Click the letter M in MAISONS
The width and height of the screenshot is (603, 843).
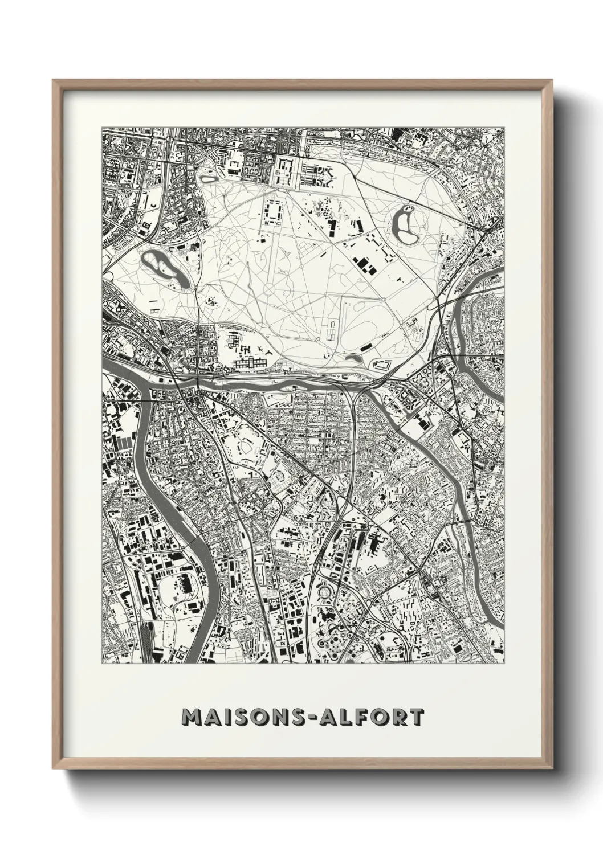[191, 717]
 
